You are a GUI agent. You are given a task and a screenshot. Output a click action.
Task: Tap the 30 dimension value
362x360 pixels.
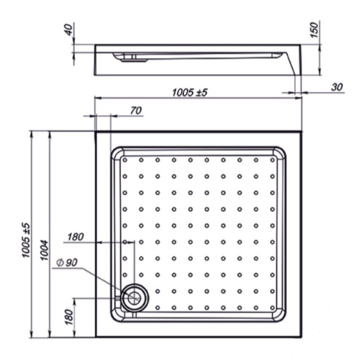(x=336, y=87)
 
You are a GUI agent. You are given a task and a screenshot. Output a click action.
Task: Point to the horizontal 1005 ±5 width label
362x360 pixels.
(x=191, y=92)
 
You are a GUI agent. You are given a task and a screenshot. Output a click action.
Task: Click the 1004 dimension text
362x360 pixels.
(x=44, y=249)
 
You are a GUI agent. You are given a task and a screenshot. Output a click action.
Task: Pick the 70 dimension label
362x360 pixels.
(x=135, y=110)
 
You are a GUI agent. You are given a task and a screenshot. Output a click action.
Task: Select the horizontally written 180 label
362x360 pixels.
(x=75, y=236)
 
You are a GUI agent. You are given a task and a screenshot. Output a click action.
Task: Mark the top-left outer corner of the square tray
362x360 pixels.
(x=96, y=131)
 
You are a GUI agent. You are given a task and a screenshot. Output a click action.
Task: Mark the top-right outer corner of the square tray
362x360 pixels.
(x=302, y=131)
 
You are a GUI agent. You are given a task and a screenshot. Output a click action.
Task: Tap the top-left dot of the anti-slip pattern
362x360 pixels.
(x=125, y=159)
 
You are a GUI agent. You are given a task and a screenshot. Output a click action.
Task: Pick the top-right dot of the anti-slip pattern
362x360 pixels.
(x=273, y=159)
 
